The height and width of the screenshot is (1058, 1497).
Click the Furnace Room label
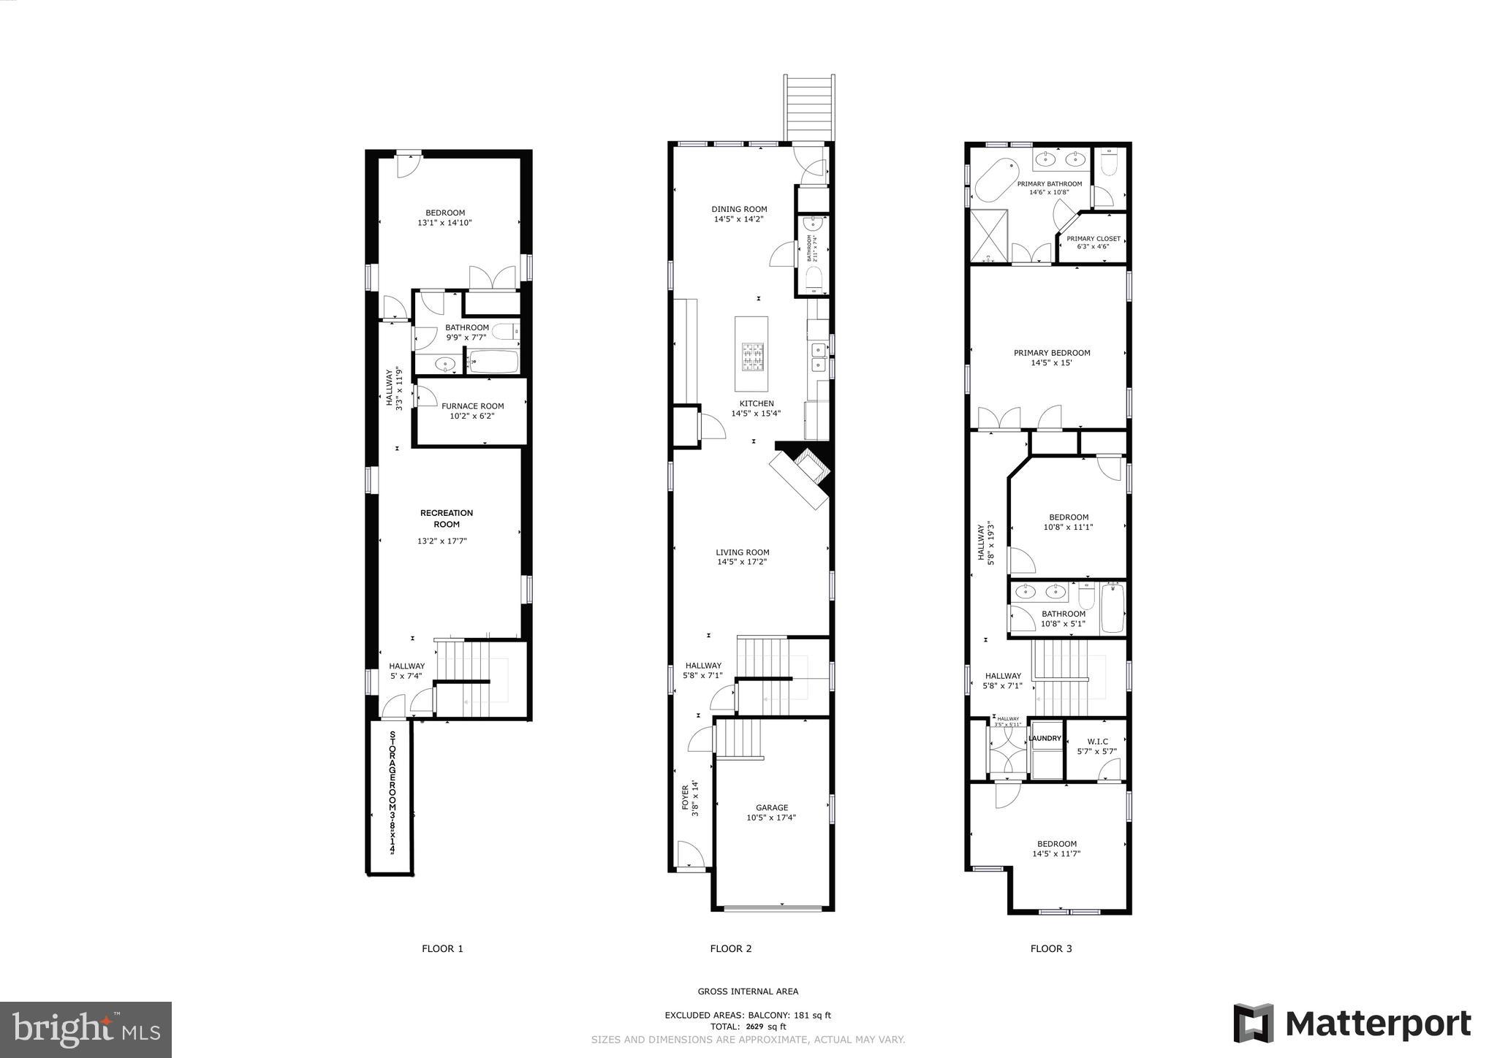pyautogui.click(x=472, y=406)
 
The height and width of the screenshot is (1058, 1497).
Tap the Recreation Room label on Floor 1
pyautogui.click(x=446, y=518)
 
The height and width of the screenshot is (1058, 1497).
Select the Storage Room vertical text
pyautogui.click(x=393, y=792)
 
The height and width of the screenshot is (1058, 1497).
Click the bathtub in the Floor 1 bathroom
pyautogui.click(x=493, y=362)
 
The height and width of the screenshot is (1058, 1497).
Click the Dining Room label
pyautogui.click(x=739, y=209)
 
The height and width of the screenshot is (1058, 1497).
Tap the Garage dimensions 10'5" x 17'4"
pyautogui.click(x=771, y=818)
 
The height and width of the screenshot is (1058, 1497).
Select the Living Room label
pyautogui.click(x=742, y=552)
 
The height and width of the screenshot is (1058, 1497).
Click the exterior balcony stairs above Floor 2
pyautogui.click(x=808, y=107)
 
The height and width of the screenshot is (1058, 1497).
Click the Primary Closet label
pyautogui.click(x=1093, y=239)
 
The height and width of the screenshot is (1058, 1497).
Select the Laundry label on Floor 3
pyautogui.click(x=1045, y=738)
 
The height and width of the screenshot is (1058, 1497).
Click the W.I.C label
pyautogui.click(x=1096, y=741)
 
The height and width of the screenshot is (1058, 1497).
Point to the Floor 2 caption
pyautogui.click(x=730, y=948)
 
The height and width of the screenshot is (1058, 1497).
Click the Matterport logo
pyautogui.click(x=1352, y=1023)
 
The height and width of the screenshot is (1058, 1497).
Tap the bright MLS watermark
pyautogui.click(x=86, y=1030)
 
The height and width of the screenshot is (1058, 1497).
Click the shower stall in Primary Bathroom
pyautogui.click(x=988, y=235)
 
